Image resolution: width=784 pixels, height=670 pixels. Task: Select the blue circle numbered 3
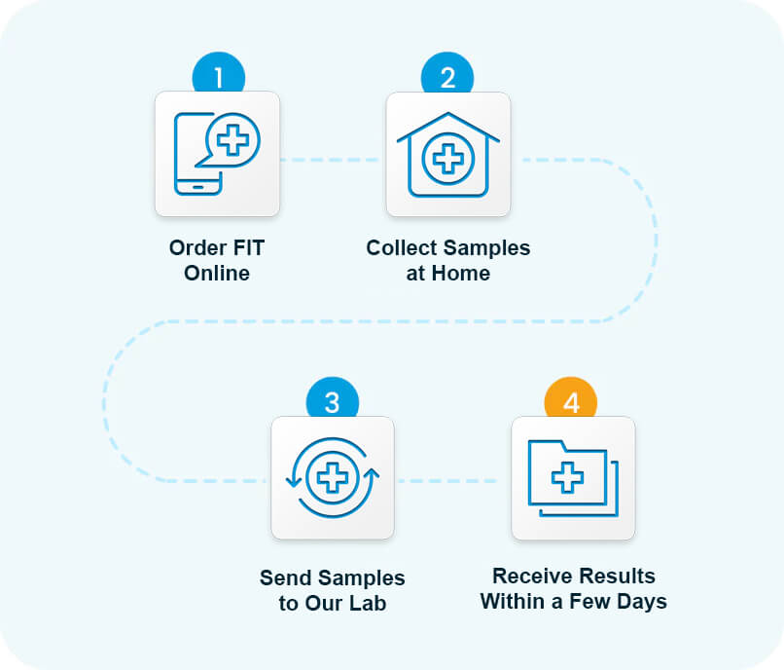[x=333, y=398]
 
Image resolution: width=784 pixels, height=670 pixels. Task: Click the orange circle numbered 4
[x=571, y=398]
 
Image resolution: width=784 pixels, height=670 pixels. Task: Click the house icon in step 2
[x=448, y=155]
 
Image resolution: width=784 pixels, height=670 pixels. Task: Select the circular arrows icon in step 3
[x=333, y=477]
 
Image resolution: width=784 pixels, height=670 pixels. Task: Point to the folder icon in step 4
[x=573, y=478]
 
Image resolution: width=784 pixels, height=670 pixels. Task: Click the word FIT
[x=246, y=248]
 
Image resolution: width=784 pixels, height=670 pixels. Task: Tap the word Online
[x=217, y=274]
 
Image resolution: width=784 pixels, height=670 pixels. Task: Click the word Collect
[x=402, y=248]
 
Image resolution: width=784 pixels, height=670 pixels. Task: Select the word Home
[x=460, y=274]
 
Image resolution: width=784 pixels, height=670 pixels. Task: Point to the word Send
[x=287, y=577]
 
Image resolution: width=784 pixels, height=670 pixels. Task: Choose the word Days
[x=642, y=602]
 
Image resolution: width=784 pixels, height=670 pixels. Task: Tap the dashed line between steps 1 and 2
[x=331, y=160]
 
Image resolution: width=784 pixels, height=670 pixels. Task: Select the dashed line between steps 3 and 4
[x=447, y=481]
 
